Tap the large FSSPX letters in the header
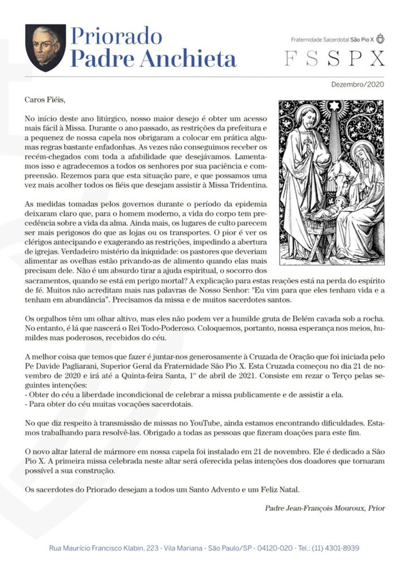[334, 59]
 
